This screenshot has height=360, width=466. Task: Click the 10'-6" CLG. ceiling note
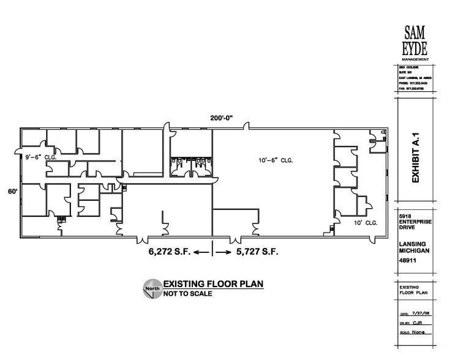click(275, 160)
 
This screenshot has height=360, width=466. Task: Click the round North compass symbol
click(152, 288)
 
